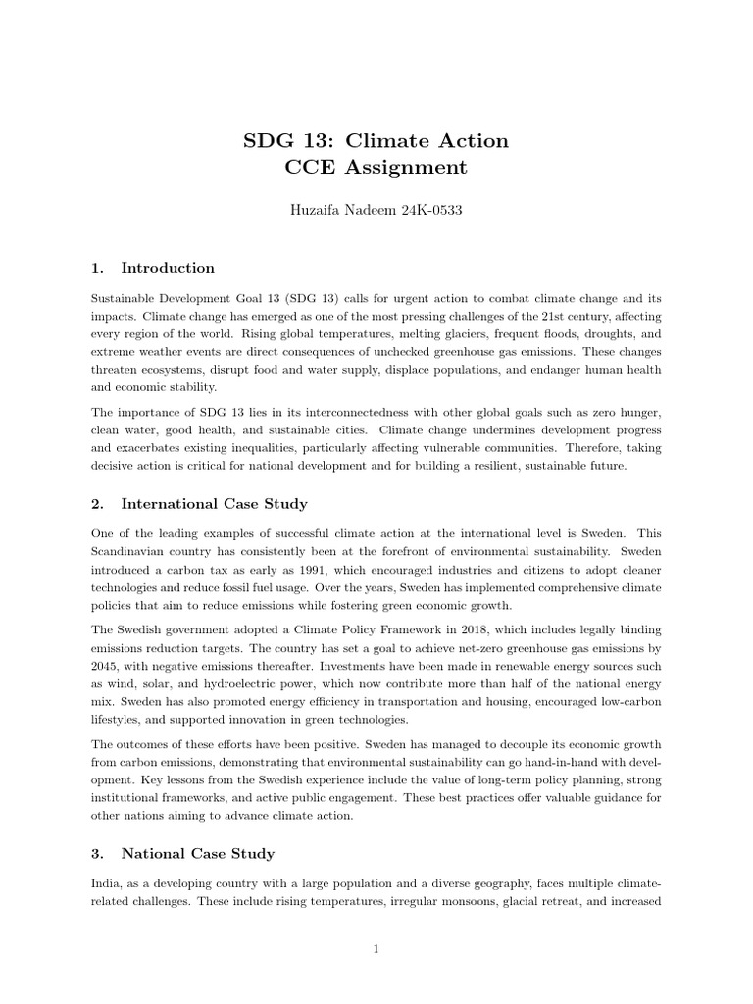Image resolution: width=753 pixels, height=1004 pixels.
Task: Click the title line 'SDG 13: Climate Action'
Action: pyautogui.click(x=376, y=140)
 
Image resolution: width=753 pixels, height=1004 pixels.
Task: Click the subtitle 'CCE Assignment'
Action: pyautogui.click(x=376, y=167)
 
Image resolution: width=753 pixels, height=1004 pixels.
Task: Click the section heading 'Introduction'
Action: pyautogui.click(x=168, y=268)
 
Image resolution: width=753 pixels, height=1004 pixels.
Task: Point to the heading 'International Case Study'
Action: pyautogui.click(x=214, y=504)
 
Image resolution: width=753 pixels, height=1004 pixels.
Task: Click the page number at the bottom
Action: pyautogui.click(x=376, y=949)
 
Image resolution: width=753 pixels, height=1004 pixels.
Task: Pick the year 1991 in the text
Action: pyautogui.click(x=288, y=569)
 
